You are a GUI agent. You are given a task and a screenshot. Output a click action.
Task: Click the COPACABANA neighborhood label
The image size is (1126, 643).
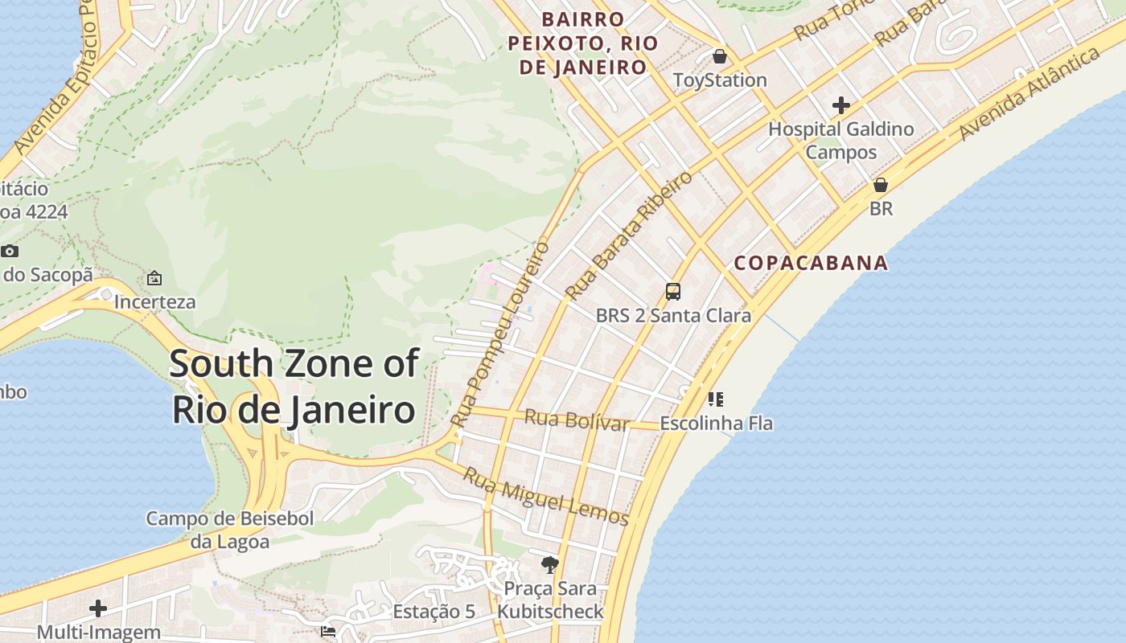[811, 263]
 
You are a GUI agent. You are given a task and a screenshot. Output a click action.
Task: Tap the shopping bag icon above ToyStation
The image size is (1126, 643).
[720, 56]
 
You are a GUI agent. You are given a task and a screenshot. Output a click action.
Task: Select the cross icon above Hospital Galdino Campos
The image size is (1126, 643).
[840, 104]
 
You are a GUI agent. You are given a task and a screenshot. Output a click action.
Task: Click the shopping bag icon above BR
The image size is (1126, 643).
[881, 185]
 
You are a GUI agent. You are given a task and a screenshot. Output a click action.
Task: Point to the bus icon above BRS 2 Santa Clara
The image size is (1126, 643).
[673, 291]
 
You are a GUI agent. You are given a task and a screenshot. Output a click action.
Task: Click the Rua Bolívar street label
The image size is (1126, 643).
[576, 420]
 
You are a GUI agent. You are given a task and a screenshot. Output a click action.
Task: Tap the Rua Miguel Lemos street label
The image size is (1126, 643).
[545, 496]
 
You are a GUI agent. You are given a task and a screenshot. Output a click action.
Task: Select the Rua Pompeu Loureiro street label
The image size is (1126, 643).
[499, 334]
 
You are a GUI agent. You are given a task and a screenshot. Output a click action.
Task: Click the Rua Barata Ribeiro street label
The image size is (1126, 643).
[628, 235]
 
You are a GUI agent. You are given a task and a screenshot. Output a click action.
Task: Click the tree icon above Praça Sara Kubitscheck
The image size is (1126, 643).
[550, 564]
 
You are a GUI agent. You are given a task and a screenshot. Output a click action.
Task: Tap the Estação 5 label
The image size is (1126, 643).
[434, 612]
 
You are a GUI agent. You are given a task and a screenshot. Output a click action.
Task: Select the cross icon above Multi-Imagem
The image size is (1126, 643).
[98, 608]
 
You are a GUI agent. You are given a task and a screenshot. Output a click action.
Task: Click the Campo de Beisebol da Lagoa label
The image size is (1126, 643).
[229, 530]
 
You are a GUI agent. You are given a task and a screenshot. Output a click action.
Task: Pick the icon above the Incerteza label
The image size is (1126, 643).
[154, 278]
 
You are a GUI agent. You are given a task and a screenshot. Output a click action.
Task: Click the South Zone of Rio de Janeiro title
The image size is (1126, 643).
[294, 387]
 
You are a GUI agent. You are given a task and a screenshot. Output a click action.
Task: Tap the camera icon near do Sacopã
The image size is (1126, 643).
[10, 251]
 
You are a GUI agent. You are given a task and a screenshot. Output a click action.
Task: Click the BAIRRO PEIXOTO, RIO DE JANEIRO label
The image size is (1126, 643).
[583, 43]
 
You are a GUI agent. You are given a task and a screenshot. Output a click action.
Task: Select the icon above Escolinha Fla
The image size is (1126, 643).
[715, 399]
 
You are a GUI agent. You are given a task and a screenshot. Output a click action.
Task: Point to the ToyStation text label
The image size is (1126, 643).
[720, 80]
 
